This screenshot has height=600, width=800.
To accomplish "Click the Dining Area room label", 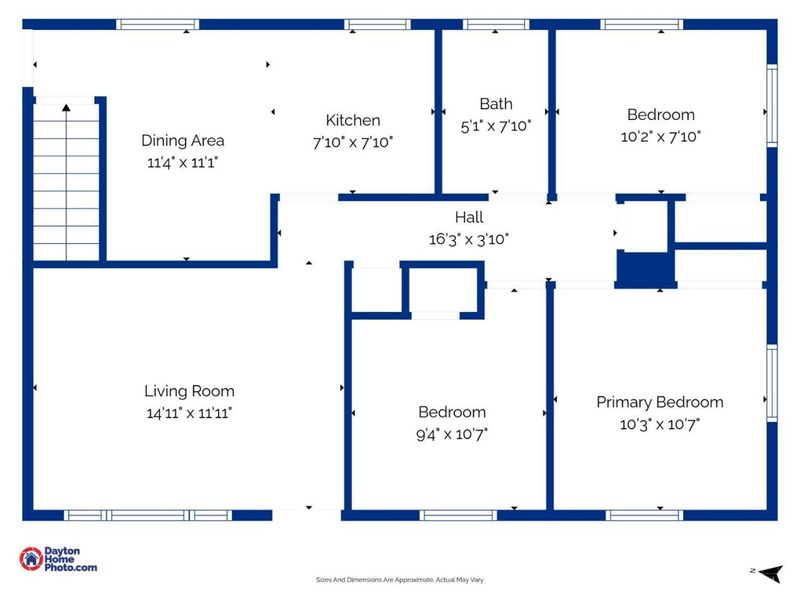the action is [x=183, y=140].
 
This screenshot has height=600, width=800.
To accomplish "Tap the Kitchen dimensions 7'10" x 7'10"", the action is [x=353, y=142].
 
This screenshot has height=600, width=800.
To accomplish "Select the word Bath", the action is [x=496, y=104].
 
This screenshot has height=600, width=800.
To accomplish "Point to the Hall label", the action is [x=469, y=217].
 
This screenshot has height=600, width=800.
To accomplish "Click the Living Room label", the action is [x=189, y=391].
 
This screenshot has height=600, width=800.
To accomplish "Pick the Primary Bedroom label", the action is [x=660, y=402].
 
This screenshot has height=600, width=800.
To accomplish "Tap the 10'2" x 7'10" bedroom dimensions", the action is [x=661, y=136].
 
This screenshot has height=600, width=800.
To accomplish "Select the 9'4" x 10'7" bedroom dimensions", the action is [x=452, y=434].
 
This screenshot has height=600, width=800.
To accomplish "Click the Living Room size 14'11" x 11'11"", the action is [x=189, y=413].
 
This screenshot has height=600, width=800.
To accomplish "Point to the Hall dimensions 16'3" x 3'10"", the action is [x=469, y=239].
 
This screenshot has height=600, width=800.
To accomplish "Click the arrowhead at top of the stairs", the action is [x=66, y=107].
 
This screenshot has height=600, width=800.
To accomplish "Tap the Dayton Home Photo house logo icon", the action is [x=31, y=559].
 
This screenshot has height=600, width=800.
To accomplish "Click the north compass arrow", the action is [x=770, y=573].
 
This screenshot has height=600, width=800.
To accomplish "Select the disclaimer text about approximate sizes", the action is [x=400, y=580].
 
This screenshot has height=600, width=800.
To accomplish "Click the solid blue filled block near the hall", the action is [x=645, y=269].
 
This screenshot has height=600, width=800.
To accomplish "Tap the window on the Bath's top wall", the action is [x=496, y=24].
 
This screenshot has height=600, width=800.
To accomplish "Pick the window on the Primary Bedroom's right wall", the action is [x=772, y=383].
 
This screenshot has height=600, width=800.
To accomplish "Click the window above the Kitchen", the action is [x=378, y=24].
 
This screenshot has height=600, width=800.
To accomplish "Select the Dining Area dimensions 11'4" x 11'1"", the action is [x=183, y=162].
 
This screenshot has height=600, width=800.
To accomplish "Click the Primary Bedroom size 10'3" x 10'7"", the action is [x=660, y=424].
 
